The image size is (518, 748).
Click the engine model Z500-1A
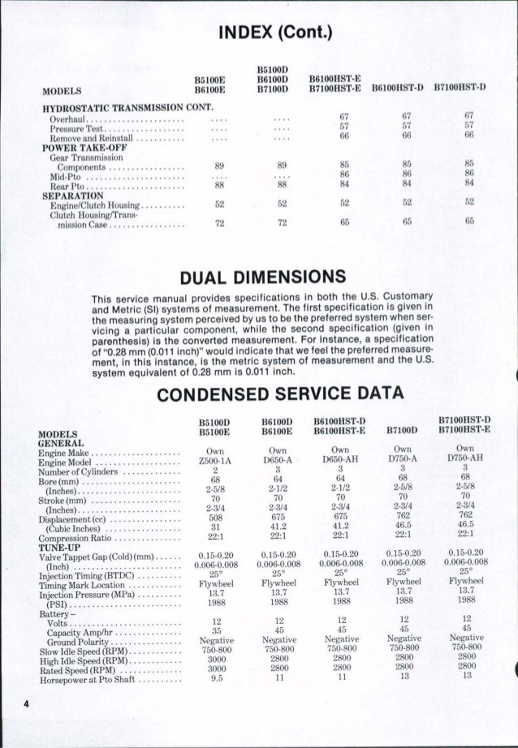click(215, 460)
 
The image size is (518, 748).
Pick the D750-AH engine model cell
click(465, 460)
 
